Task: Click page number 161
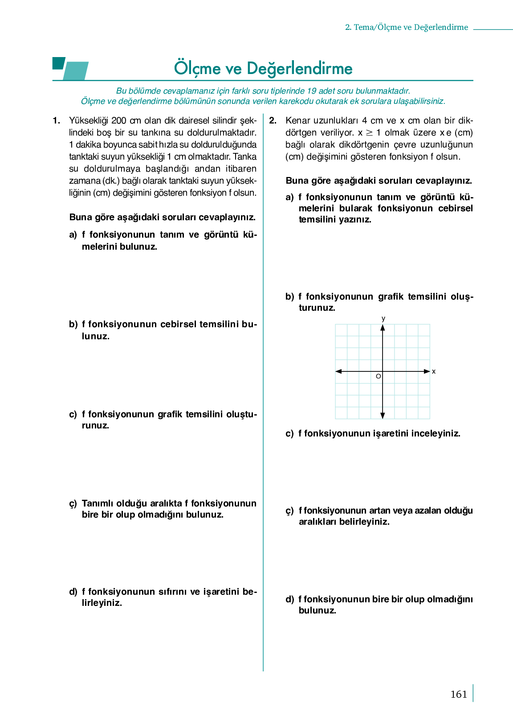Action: (x=459, y=694)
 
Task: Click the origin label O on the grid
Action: (x=378, y=376)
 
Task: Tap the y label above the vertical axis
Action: (x=383, y=318)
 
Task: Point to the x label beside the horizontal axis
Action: (x=434, y=371)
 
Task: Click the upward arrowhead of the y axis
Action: (x=383, y=328)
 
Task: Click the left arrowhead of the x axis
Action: (x=338, y=371)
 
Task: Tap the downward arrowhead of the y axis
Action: (x=383, y=415)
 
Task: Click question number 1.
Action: (x=56, y=120)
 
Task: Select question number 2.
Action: (x=273, y=120)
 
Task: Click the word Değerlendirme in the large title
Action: (x=299, y=69)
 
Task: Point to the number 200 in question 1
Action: (x=119, y=120)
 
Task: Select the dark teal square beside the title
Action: (x=58, y=63)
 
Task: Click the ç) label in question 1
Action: (x=73, y=504)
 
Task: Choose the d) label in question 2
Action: (x=289, y=599)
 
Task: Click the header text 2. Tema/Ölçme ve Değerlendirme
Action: (x=407, y=27)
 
